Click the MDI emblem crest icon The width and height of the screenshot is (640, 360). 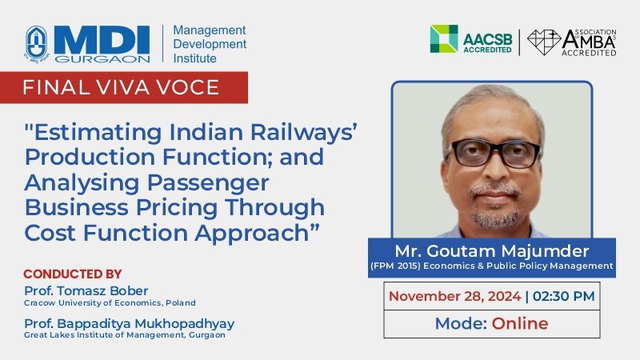pyautogui.click(x=37, y=43)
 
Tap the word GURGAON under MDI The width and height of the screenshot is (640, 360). pyautogui.click(x=102, y=59)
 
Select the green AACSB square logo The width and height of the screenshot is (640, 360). pyautogui.click(x=444, y=38)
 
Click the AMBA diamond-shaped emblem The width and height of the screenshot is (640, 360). pyautogui.click(x=544, y=42)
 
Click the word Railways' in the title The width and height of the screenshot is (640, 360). pyautogui.click(x=304, y=132)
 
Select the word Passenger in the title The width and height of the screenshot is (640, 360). pyautogui.click(x=208, y=183)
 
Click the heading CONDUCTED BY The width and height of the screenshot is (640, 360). pyautogui.click(x=73, y=274)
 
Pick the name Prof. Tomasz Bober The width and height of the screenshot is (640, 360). pyautogui.click(x=86, y=290)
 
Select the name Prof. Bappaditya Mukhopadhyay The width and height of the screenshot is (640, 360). pyautogui.click(x=130, y=324)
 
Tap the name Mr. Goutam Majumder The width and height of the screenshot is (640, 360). pyautogui.click(x=492, y=250)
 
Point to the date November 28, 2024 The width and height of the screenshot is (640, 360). pyautogui.click(x=454, y=296)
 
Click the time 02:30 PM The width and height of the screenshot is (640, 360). pyautogui.click(x=564, y=296)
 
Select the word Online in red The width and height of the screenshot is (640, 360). pyautogui.click(x=519, y=323)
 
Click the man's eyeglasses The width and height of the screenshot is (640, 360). pyautogui.click(x=494, y=153)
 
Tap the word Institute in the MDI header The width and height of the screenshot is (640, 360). pyautogui.click(x=194, y=58)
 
